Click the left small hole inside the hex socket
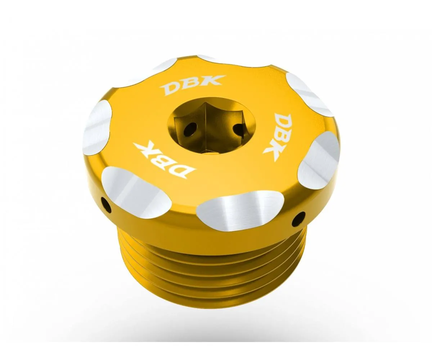point(190,129)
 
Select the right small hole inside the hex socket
point(239,129)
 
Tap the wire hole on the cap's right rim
point(298,219)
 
